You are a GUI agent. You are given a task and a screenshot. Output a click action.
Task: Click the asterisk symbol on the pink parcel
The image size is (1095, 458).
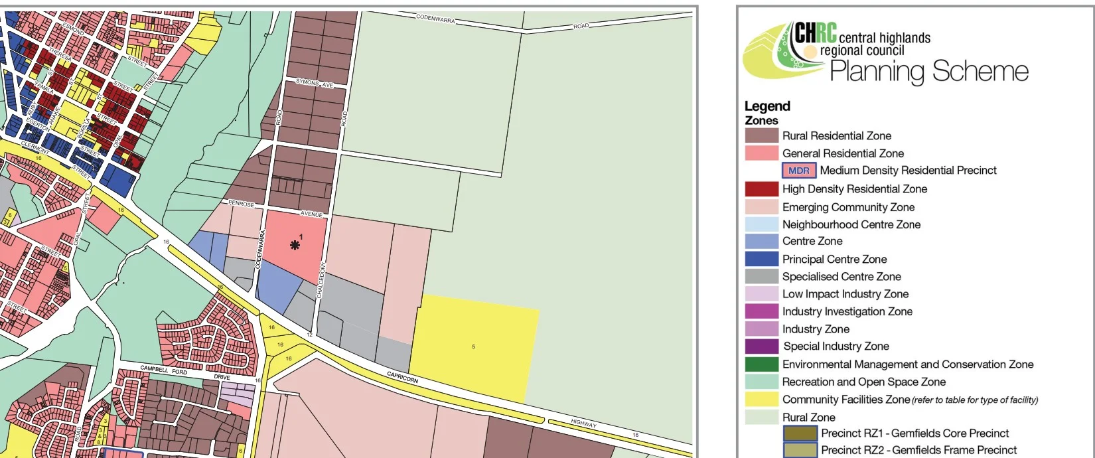coord(295,245)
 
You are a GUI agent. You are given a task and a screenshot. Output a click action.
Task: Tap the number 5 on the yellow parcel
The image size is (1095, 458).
coord(473,346)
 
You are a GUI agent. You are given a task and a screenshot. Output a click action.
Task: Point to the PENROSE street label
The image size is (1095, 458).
coord(241,204)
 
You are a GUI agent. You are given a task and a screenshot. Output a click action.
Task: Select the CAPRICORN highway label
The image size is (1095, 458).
coord(402,377)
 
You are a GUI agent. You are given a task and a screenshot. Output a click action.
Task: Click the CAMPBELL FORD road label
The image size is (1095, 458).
coord(164,370)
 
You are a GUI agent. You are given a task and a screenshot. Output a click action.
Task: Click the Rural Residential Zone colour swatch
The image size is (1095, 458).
coord(761,135)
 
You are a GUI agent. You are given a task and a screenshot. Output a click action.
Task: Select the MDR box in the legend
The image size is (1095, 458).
coord(798,171)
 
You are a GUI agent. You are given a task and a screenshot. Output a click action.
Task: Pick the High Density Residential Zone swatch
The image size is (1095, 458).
coord(761,189)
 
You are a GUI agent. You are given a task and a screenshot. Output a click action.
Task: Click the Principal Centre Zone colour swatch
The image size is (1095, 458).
coord(761,259)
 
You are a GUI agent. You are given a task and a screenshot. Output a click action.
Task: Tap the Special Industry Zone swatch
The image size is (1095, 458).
coord(761,346)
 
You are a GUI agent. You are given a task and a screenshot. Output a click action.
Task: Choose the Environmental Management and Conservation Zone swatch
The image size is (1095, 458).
coord(761,364)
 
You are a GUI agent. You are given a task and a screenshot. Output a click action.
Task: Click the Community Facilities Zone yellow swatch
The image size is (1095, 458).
coord(761,399)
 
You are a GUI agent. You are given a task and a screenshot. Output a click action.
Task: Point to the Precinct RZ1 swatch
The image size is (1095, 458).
coord(800,433)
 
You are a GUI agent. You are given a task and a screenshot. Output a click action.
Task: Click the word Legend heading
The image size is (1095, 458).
coord(767,106)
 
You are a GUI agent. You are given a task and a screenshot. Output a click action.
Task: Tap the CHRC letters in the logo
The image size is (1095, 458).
coord(815,33)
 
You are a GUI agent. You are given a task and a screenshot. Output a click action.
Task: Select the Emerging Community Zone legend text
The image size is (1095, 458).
coord(848,207)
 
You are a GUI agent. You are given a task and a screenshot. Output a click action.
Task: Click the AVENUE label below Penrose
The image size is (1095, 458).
coord(311,214)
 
